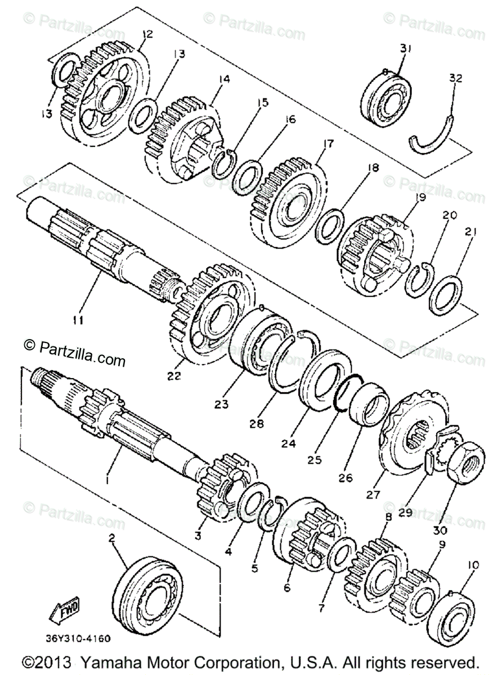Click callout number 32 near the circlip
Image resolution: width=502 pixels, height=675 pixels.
click(x=455, y=79)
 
